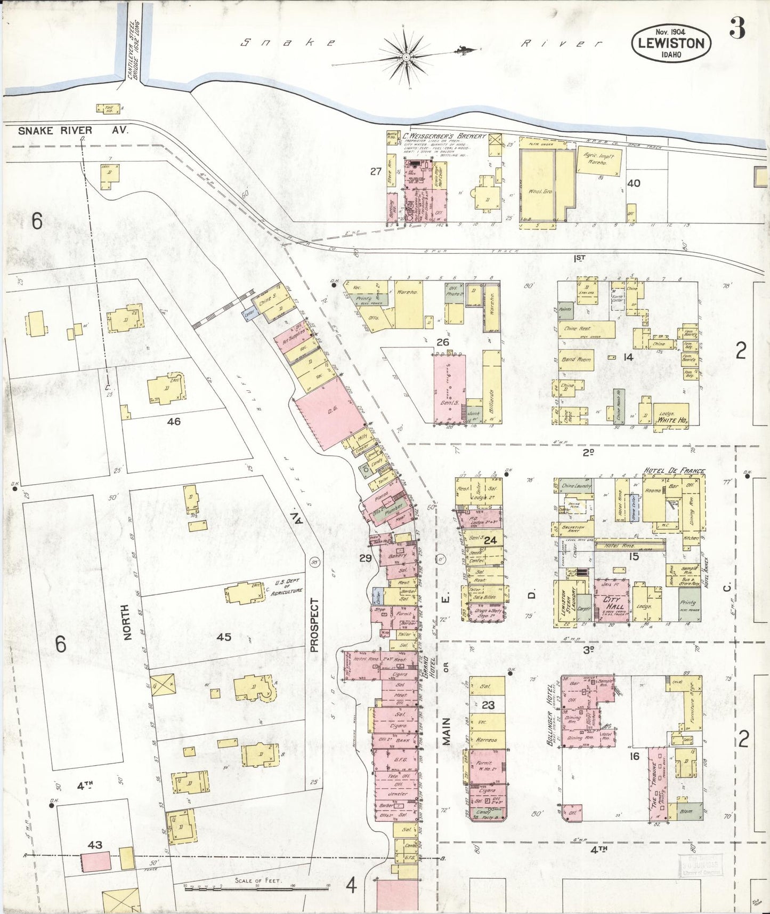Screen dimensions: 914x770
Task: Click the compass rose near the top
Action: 407,56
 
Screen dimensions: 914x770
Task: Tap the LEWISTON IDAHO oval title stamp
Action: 671,43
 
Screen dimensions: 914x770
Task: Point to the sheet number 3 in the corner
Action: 737,28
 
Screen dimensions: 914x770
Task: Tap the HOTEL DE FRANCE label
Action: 674,471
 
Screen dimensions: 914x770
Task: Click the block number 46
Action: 174,421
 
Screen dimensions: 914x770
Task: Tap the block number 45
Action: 224,637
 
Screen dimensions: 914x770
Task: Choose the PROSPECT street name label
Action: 314,626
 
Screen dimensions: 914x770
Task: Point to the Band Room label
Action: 576,359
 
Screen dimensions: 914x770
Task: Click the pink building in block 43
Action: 96,861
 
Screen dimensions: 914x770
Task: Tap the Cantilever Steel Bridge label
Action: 134,51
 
